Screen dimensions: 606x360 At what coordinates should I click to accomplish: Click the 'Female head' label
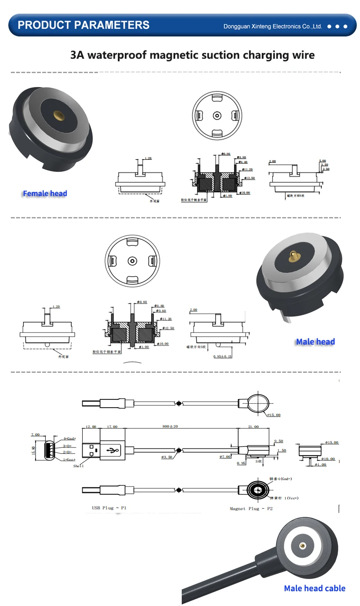[45, 194]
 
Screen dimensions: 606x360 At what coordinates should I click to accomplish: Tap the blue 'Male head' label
[315, 342]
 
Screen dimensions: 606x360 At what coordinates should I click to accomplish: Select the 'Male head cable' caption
[314, 589]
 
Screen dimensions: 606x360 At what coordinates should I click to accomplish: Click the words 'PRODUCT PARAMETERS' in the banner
[83, 25]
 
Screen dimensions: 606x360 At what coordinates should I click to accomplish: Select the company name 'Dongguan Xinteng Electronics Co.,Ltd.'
[273, 27]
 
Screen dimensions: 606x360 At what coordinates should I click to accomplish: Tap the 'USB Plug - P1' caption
[109, 508]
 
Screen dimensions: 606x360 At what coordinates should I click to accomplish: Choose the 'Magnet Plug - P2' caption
[251, 509]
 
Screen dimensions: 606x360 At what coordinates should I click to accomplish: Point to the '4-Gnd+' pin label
[69, 439]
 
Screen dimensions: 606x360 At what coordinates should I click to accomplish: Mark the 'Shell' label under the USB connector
[78, 466]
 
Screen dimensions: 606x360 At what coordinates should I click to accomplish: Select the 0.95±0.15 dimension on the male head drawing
[222, 357]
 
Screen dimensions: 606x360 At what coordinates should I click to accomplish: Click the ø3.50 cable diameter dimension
[167, 457]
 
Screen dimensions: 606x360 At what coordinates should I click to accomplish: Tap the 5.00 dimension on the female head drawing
[322, 161]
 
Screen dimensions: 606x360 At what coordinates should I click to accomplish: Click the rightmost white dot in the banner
[346, 27]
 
